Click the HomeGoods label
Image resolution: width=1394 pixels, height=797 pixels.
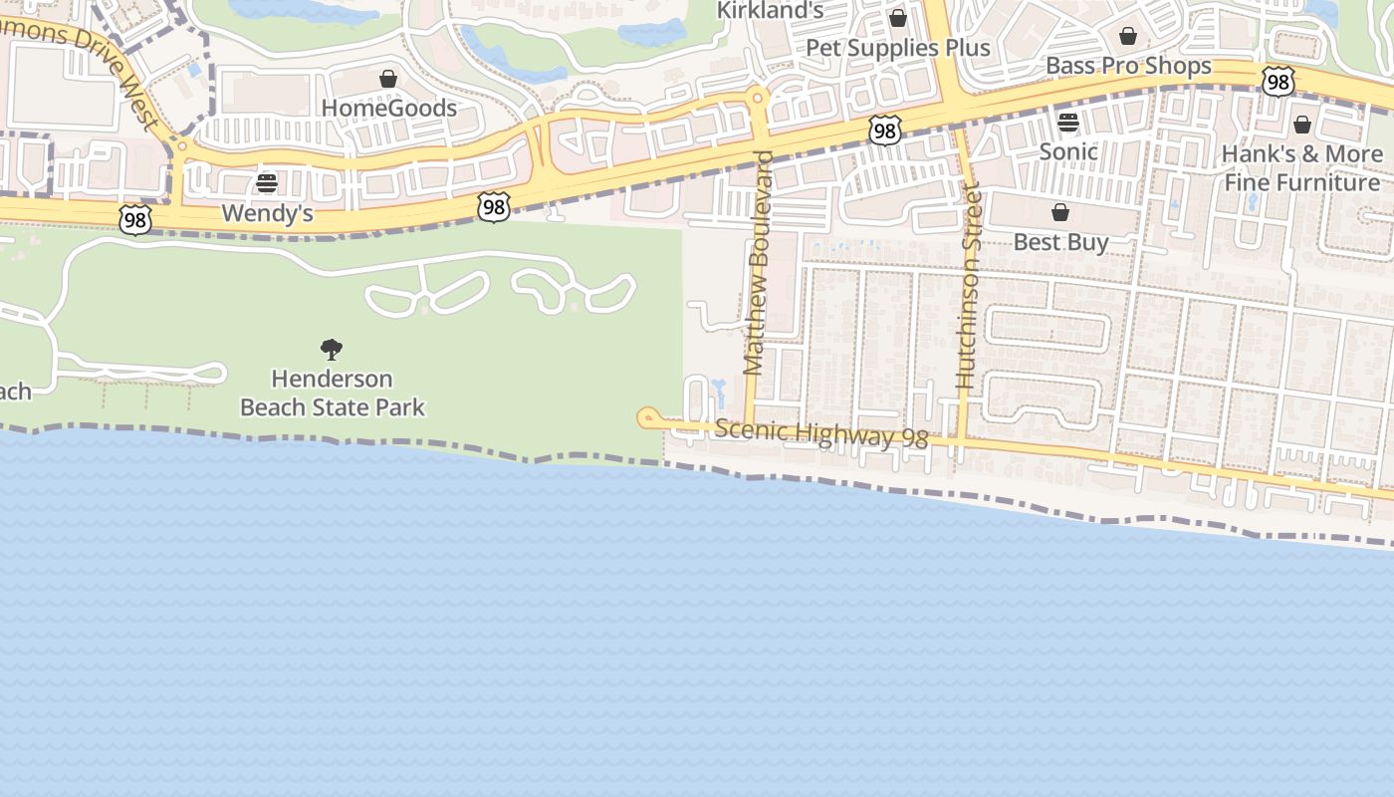pos(389,108)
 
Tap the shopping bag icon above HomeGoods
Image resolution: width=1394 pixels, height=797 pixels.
pos(388,79)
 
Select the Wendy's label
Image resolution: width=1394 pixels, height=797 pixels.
pos(267,213)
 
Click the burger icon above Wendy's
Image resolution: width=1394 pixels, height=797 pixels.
pos(266,183)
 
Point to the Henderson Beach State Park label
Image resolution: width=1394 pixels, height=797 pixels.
pos(333,393)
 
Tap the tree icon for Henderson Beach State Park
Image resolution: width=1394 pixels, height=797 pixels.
pos(332,350)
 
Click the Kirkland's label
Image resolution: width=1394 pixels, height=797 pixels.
pos(771,11)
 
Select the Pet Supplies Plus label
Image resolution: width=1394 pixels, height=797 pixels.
pos(898,48)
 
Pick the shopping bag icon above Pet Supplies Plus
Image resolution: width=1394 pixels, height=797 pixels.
pos(898,18)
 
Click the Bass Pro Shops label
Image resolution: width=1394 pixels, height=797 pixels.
pos(1128,66)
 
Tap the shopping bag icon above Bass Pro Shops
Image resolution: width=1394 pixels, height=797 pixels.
pos(1128,37)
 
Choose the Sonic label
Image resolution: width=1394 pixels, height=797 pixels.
pos(1068,151)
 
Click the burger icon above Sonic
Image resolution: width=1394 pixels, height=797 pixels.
pos(1068,123)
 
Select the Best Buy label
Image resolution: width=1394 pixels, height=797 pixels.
pos(1060,242)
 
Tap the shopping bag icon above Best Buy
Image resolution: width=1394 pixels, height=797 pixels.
pos(1060,212)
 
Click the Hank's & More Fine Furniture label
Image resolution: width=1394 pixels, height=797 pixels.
pos(1302,168)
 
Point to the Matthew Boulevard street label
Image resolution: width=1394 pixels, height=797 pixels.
pos(759,263)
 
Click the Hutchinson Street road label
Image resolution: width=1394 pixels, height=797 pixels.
pos(969,287)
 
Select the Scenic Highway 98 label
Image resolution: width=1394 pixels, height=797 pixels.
pos(821,434)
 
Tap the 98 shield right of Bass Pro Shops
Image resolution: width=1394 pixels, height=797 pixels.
pos(1278,82)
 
